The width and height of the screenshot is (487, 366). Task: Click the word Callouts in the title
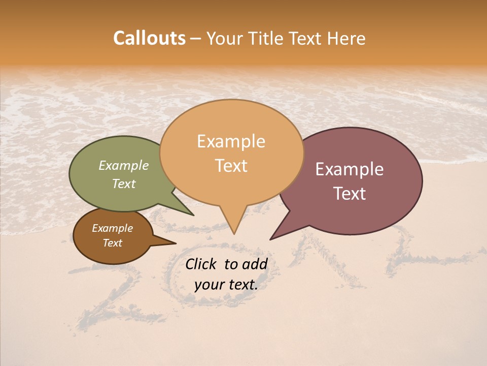(x=149, y=38)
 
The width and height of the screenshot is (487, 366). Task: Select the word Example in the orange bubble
(x=231, y=141)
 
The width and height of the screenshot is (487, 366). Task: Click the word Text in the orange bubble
(x=231, y=165)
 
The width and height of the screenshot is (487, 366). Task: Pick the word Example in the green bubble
(x=124, y=165)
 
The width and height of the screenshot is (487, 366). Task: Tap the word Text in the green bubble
(x=124, y=184)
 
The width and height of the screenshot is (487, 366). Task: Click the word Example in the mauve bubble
(x=350, y=169)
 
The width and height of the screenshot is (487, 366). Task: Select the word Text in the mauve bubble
(x=350, y=193)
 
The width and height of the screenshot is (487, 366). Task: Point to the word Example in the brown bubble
(x=112, y=228)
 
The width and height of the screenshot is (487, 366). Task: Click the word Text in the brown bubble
(x=112, y=243)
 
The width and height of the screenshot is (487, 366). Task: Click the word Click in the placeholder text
(x=202, y=264)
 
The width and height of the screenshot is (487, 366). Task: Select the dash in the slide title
(x=196, y=39)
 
